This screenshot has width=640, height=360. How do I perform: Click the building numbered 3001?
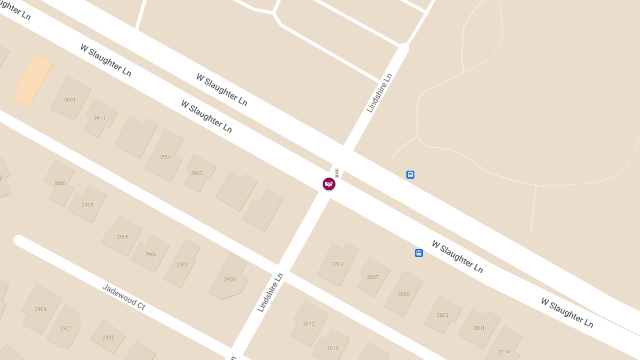point(70,100)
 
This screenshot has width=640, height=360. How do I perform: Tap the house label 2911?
point(100,118)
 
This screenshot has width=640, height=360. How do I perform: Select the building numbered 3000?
point(60,183)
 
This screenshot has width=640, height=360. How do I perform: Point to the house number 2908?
point(87,205)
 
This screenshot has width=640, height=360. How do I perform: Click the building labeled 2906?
point(123,237)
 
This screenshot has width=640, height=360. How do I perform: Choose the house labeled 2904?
point(151,254)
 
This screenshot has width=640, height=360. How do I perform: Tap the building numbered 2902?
point(182,265)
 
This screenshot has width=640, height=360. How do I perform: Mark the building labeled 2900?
point(230,279)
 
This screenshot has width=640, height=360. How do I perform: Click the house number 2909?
point(41,309)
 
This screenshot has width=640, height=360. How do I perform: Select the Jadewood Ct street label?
point(124,297)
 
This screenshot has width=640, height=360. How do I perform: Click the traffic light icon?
point(337,173)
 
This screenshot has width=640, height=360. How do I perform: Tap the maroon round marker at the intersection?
point(329,184)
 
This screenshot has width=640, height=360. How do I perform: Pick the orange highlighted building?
point(33,80)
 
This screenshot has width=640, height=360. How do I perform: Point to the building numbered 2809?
point(338,264)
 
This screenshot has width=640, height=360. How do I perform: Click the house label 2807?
point(373,277)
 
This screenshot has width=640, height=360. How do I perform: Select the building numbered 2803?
point(443,315)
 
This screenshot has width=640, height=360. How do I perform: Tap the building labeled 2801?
point(479,328)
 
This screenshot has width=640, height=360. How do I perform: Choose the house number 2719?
point(504,353)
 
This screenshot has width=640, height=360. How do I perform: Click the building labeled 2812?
point(309,324)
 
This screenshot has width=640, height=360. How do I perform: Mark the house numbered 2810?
point(333,348)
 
